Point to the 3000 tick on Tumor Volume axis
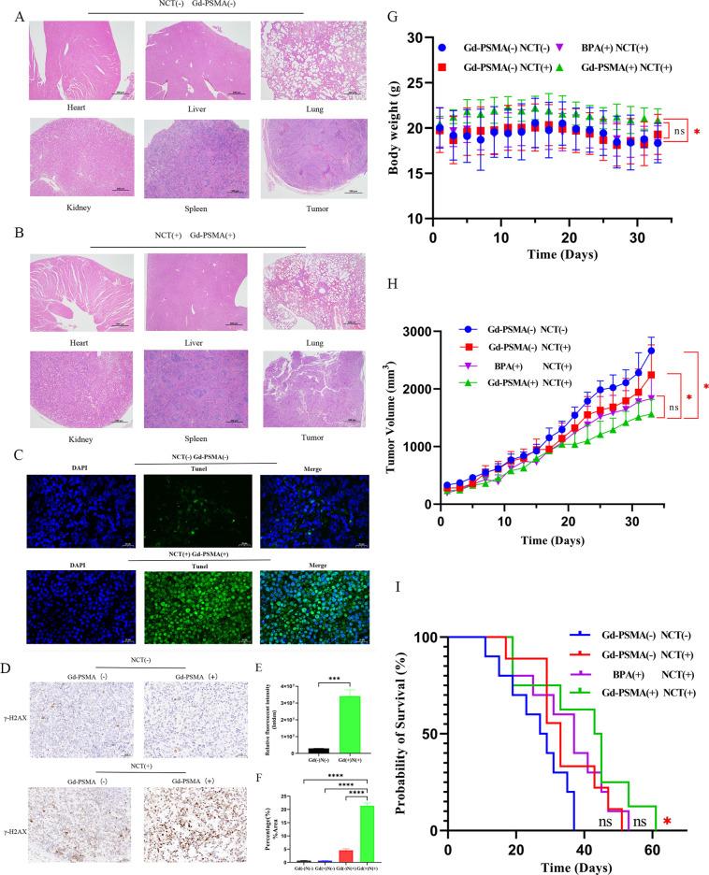coord(419,332)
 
